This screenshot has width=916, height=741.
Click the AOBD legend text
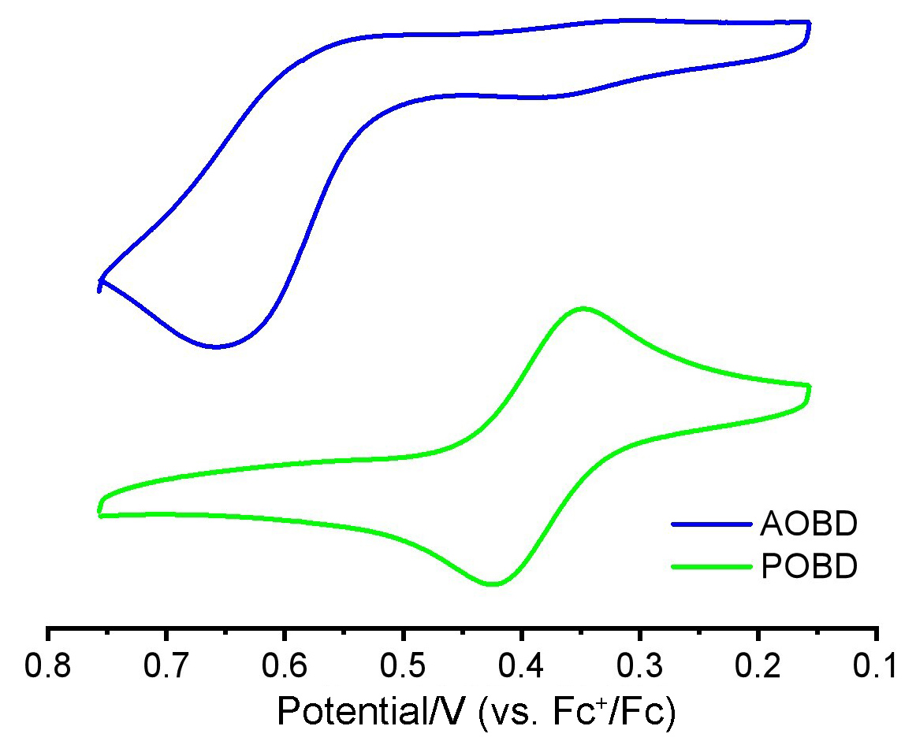click(x=809, y=524)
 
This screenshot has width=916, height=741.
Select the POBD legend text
click(x=809, y=567)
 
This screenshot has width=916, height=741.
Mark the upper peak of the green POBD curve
click(x=583, y=309)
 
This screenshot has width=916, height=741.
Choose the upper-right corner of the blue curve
click(x=808, y=24)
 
